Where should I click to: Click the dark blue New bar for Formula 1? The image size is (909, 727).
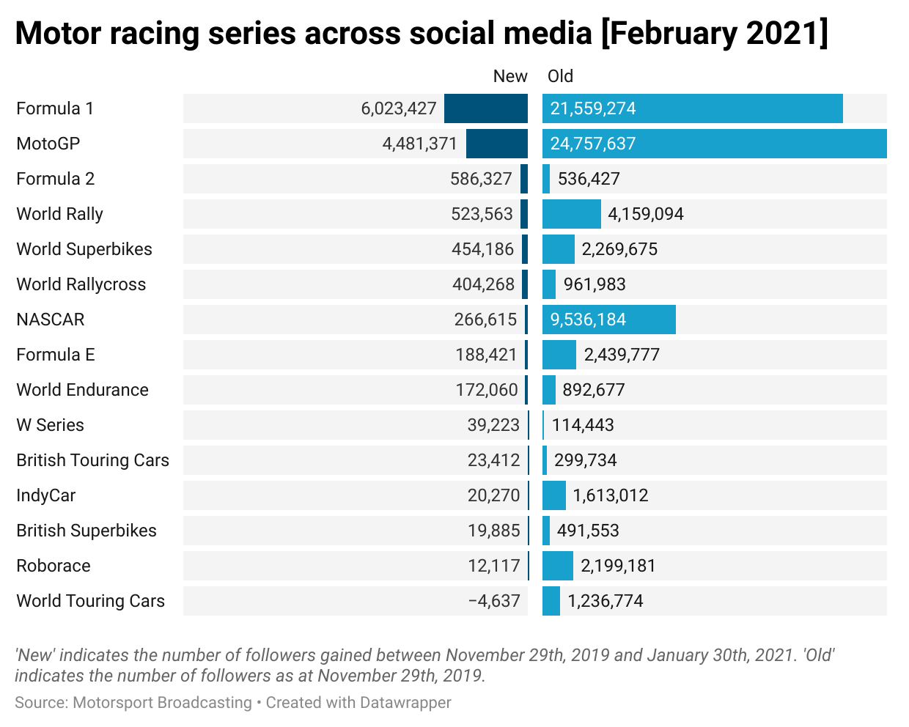(485, 108)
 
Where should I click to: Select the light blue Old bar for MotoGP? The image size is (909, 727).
(714, 144)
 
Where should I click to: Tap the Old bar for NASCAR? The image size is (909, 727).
(608, 320)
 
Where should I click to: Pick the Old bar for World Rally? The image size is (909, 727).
(571, 214)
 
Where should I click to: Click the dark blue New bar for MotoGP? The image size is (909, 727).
(496, 144)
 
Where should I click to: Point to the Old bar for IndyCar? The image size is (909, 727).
(553, 495)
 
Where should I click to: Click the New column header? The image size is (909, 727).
(509, 76)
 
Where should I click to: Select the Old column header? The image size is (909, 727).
(560, 76)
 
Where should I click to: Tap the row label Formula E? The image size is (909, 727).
(56, 355)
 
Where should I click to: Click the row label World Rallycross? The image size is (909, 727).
(81, 284)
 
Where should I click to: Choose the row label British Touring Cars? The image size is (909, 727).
(93, 460)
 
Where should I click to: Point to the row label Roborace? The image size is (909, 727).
(54, 566)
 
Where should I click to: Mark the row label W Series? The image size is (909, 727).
(51, 425)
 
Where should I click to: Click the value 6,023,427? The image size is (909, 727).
(399, 108)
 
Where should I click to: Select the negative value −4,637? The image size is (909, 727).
(494, 601)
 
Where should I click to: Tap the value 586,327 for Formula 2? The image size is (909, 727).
(481, 179)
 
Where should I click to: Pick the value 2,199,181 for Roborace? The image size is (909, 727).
(618, 566)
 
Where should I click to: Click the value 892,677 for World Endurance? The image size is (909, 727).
(594, 390)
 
